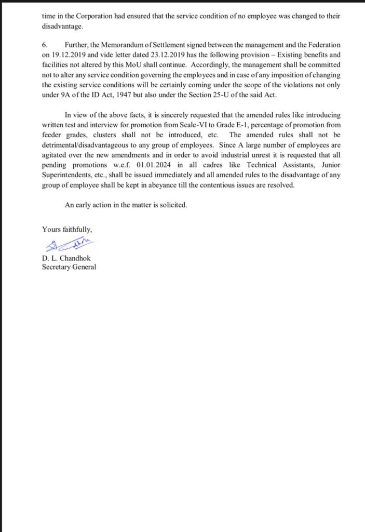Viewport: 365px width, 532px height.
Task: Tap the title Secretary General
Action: pos(69,268)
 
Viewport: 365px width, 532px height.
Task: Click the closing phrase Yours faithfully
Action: pos(67,229)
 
